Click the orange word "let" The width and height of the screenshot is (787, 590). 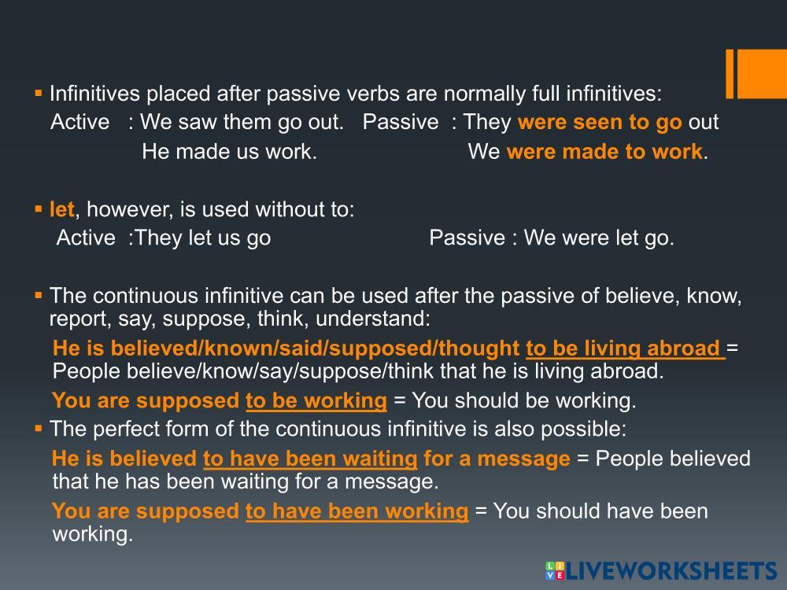61,209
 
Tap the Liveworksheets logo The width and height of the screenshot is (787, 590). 661,571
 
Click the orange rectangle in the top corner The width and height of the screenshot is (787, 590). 756,74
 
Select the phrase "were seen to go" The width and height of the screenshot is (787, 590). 600,122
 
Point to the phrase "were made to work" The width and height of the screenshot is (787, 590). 604,152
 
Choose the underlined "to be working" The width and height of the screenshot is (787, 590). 316,401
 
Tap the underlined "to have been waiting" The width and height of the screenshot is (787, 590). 310,459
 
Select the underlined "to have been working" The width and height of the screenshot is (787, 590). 357,511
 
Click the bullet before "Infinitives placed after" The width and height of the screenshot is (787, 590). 39,93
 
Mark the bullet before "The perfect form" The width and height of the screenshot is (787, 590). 39,429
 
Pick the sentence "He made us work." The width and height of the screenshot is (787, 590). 229,152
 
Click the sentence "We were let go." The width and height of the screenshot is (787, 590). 599,238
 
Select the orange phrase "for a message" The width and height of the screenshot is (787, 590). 497,459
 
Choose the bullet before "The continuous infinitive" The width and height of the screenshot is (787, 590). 39,295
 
